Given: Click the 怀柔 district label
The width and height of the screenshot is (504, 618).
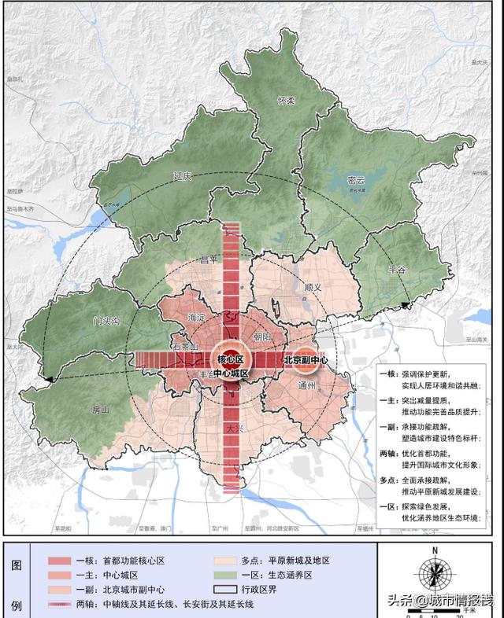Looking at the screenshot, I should click(x=285, y=101).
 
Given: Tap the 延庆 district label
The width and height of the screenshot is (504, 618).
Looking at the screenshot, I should click(x=184, y=177).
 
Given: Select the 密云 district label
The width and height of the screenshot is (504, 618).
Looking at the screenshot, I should click(x=356, y=180).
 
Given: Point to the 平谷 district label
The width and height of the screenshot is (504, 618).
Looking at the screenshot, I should click(x=397, y=270).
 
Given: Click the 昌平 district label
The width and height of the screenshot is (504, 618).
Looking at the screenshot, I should click(x=207, y=259).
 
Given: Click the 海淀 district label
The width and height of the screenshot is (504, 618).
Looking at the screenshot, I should click(x=197, y=318).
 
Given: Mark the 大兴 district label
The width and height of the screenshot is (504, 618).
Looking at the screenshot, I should click(x=234, y=429).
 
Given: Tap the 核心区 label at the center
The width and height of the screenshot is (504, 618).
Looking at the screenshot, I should click(x=229, y=359).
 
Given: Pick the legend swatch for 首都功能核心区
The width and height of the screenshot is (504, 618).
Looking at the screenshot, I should click(x=63, y=561).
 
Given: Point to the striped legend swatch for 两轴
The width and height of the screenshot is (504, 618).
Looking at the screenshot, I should click(x=63, y=605).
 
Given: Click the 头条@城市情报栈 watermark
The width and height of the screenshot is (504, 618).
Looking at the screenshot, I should click(x=439, y=601).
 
